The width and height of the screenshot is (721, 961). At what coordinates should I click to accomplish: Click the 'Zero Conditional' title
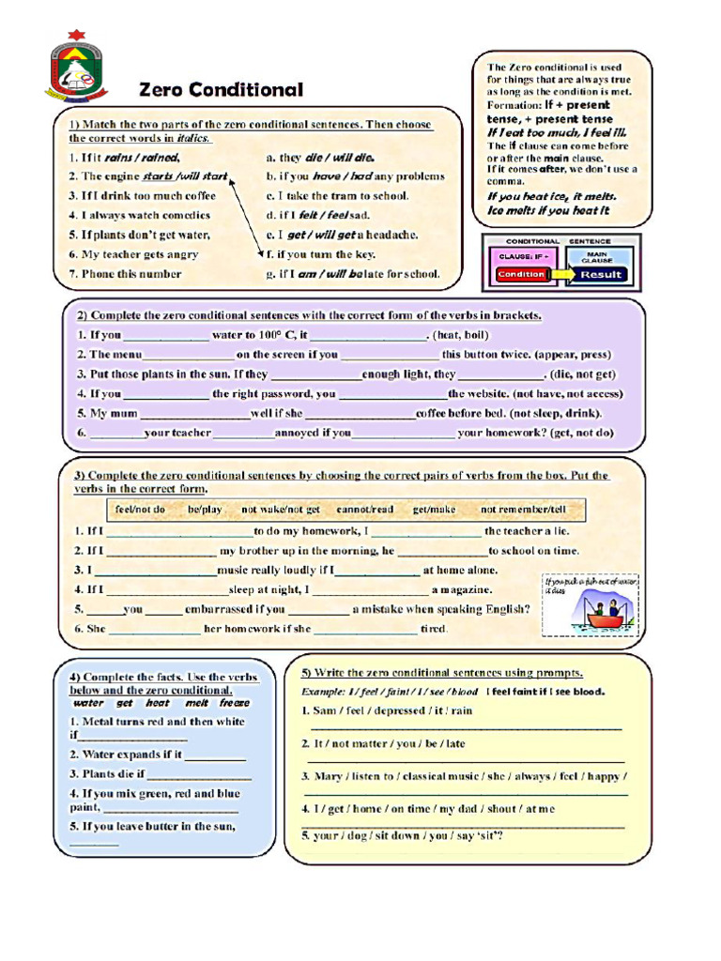222,90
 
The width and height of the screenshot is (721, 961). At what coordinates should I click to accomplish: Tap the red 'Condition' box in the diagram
521,274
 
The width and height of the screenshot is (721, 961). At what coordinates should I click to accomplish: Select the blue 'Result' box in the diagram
601,274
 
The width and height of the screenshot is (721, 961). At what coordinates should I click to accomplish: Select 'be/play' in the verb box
205,510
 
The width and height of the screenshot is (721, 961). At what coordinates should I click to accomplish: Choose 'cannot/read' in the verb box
365,510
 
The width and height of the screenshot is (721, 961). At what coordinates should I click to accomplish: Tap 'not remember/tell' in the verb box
523,510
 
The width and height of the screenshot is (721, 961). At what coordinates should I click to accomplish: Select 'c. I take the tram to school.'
337,195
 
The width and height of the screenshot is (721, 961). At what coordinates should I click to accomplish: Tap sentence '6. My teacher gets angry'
133,254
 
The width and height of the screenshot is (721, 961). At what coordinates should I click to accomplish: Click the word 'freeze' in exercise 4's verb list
235,703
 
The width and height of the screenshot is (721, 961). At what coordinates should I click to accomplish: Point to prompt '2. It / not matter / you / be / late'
383,744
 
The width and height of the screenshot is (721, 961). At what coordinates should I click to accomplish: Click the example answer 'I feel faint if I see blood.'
545,692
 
